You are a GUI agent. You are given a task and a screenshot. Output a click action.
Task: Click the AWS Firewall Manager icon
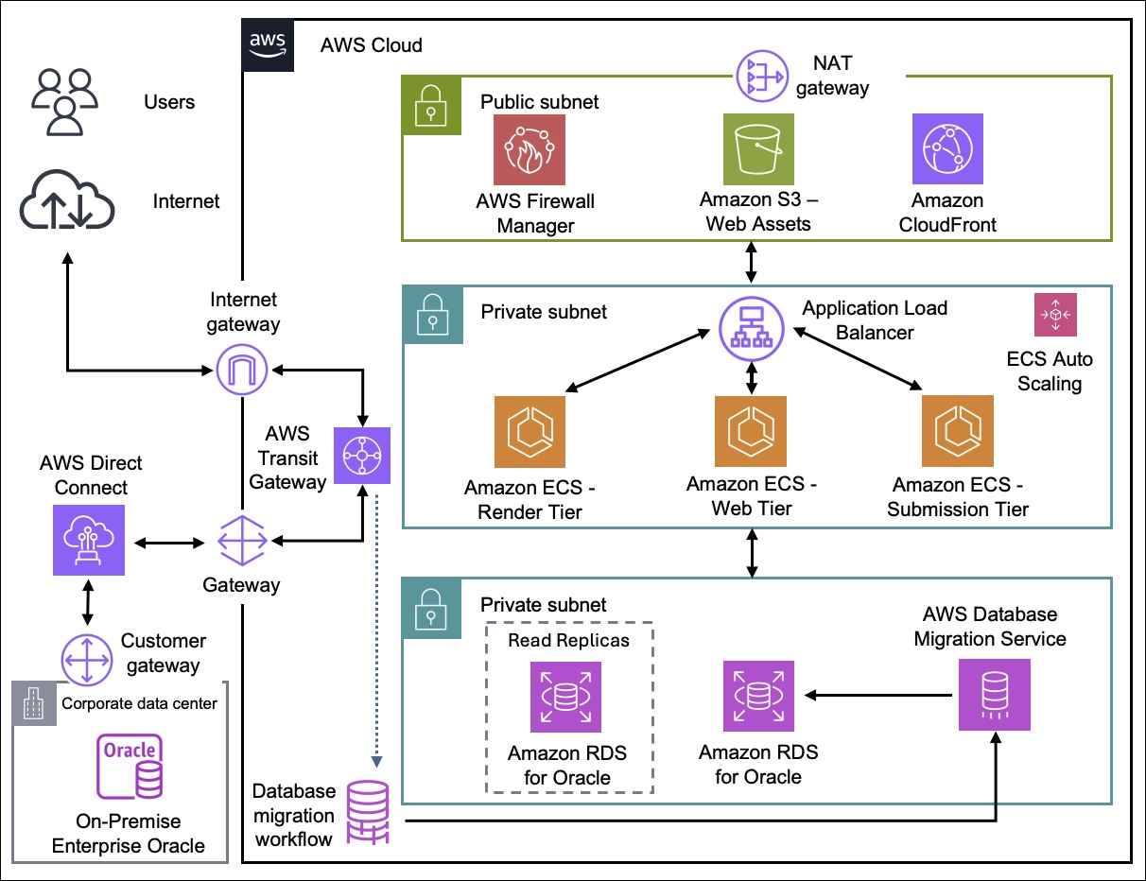click(x=529, y=150)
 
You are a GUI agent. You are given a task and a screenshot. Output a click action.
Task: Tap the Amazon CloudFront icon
click(x=947, y=150)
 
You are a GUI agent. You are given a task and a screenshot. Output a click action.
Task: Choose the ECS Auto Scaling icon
click(x=1054, y=315)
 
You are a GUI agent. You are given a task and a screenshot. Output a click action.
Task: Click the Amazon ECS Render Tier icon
click(x=529, y=433)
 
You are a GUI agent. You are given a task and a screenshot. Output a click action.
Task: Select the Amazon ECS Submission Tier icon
click(x=957, y=433)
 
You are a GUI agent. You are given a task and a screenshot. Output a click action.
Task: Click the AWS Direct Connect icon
click(x=88, y=538)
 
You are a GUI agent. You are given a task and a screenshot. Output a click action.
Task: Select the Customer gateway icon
click(x=88, y=658)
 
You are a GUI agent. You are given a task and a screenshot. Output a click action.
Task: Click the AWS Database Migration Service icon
click(x=994, y=695)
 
